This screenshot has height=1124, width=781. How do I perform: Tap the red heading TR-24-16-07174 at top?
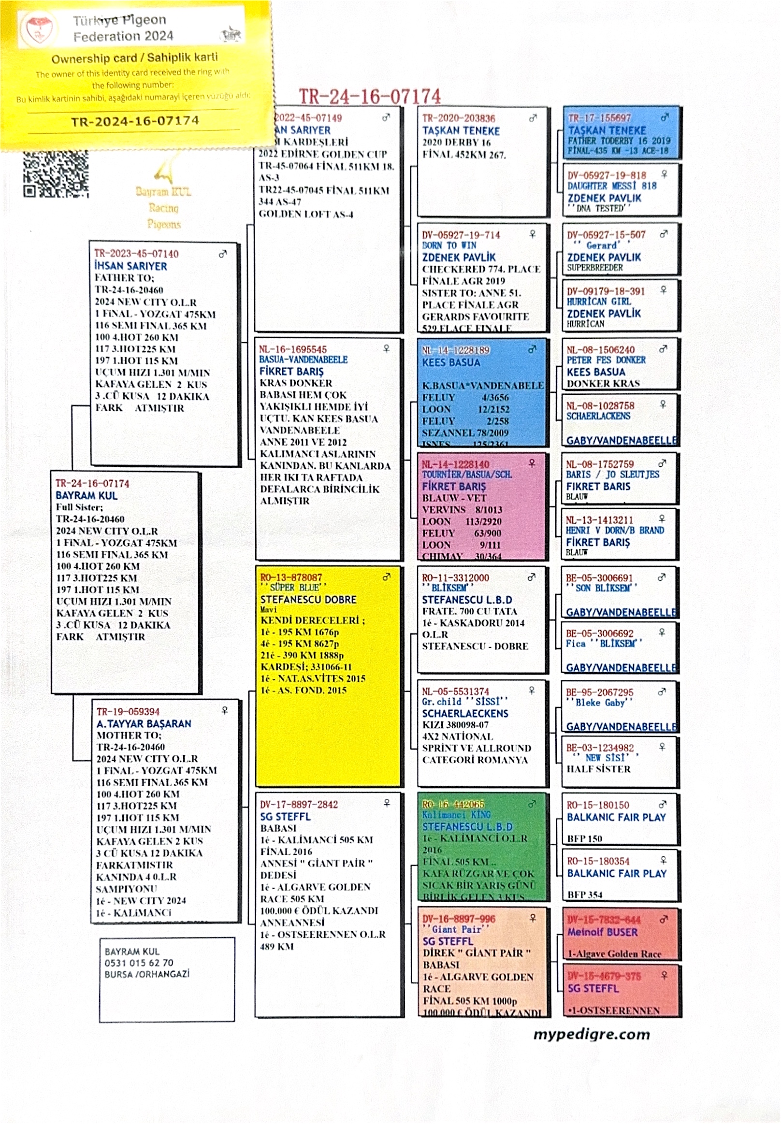(x=369, y=96)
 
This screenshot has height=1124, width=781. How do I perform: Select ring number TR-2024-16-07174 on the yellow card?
(x=134, y=121)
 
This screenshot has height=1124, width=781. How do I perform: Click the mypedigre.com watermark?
(x=591, y=1034)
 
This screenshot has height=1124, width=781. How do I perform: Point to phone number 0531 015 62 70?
(x=139, y=963)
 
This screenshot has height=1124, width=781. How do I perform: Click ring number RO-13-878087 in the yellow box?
(x=290, y=577)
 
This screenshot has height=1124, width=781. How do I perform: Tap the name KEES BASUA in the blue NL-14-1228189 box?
(x=451, y=362)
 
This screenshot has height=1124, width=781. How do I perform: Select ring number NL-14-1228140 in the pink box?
(x=455, y=464)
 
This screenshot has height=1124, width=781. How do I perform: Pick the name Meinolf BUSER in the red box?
(x=602, y=932)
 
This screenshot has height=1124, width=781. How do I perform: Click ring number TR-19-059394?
(x=128, y=711)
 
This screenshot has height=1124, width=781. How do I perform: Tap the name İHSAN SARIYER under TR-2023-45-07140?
(x=130, y=266)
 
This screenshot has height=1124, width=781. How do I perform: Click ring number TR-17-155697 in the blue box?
(x=599, y=118)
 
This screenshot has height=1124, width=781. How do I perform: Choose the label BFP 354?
(x=585, y=895)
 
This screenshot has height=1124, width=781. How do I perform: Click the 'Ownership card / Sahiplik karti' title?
(x=134, y=58)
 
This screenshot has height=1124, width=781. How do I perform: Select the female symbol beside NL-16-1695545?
(x=386, y=348)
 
